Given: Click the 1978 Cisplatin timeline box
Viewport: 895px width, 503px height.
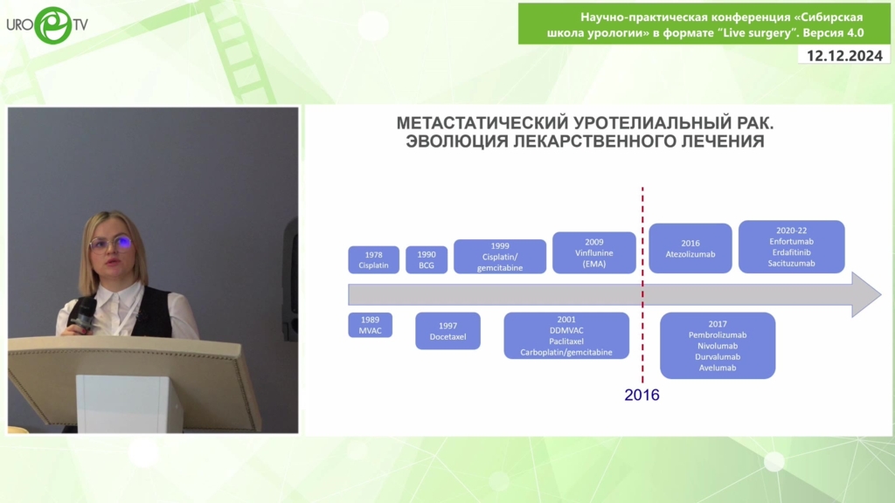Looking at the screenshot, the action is tap(373, 259).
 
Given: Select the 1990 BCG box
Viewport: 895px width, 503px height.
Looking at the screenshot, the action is tap(427, 259).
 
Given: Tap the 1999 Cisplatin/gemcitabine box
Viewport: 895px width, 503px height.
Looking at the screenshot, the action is tap(499, 257).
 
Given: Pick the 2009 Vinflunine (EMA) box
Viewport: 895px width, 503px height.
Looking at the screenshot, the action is tap(593, 252).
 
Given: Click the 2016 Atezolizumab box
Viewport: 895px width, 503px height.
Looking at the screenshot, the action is tap(690, 248).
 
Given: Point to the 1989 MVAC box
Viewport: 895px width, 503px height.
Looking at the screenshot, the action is tap(370, 325).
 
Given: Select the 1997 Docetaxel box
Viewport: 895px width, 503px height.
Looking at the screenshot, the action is tap(447, 331).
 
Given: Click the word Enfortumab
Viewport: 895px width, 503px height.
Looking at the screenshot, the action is tap(791, 241).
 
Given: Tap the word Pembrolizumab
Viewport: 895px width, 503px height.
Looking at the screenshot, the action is tap(718, 334).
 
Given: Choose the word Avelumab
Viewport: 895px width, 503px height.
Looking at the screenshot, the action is tap(718, 368).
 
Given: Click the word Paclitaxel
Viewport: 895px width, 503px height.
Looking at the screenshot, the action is tap(566, 341).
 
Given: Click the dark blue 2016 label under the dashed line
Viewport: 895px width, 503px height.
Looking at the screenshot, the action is tap(642, 395).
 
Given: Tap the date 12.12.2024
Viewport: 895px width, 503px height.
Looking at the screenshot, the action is tap(844, 55).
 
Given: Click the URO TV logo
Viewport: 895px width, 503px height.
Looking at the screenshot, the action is tap(47, 25).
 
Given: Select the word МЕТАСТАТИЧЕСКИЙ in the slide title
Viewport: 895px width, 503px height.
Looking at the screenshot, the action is tap(482, 122).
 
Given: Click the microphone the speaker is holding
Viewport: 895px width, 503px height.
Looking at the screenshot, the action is tap(83, 314).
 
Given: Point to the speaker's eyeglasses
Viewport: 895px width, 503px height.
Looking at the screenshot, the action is tap(111, 245).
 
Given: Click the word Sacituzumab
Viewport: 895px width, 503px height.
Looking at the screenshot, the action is tap(791, 263).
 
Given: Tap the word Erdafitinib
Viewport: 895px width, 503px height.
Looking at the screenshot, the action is tap(791, 252).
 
